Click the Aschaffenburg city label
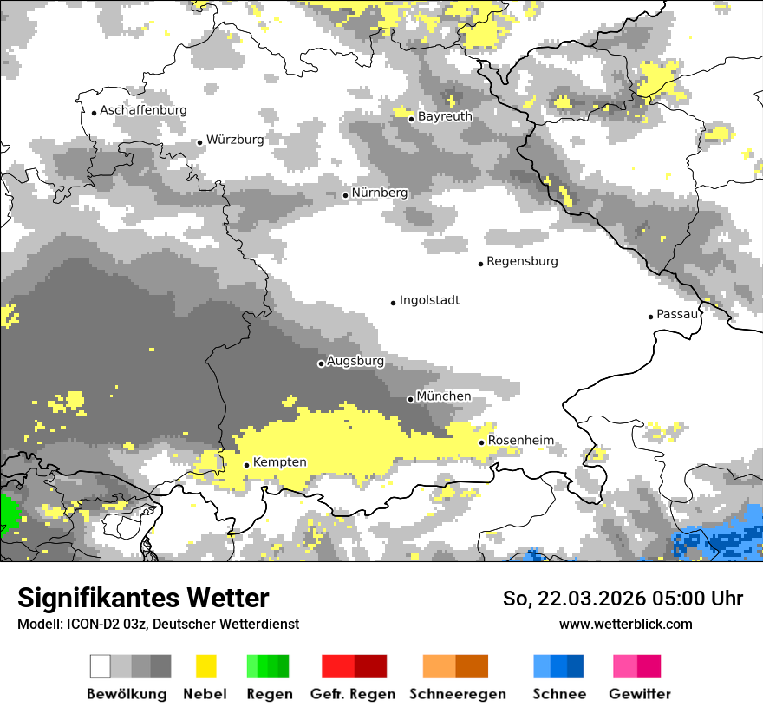143,111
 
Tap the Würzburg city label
235,140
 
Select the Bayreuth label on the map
445,116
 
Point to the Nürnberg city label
379,193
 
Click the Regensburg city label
522,261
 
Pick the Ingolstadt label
429,300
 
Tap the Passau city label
677,314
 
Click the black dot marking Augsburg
321,363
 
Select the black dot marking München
410,399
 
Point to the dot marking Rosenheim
482,442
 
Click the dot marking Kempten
247,465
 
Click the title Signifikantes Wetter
143,598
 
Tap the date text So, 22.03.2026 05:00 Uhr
623,599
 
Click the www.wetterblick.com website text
625,624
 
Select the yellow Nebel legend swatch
205,666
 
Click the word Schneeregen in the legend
457,694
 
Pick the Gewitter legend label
639,694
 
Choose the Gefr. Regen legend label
352,694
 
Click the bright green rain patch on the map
9,512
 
